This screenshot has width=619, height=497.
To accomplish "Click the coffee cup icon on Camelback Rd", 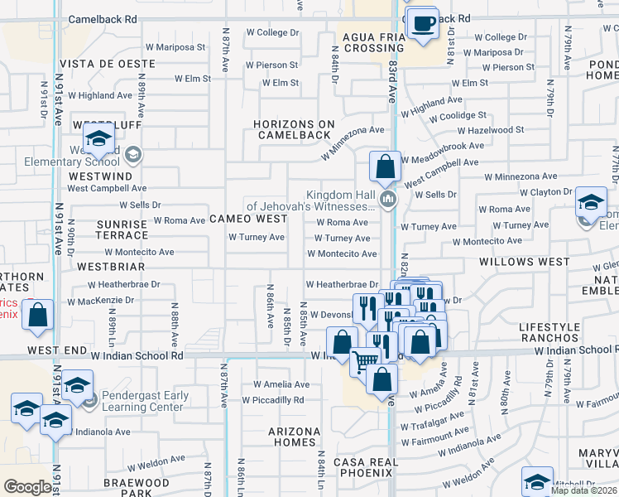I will (424, 23).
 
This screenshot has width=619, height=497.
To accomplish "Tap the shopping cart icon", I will (365, 361).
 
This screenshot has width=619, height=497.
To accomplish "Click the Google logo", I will (27, 487).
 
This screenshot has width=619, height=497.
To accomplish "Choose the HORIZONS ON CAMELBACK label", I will (294, 130).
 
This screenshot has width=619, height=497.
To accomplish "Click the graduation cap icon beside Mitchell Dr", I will (537, 480).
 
